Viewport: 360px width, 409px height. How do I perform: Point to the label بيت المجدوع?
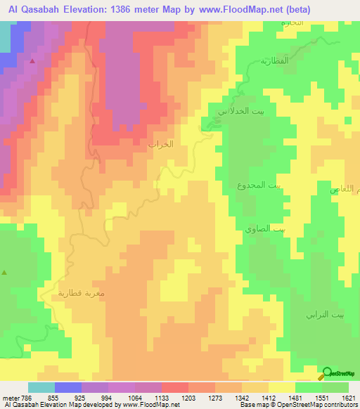tap(258, 185)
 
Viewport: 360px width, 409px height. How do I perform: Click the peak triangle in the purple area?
tap(32, 61)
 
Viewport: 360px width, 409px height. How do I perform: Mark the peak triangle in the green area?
tap(6, 272)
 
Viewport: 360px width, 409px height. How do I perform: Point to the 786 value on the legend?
tap(27, 397)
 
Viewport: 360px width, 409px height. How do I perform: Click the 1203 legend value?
tap(188, 397)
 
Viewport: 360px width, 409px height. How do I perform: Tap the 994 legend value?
tap(108, 397)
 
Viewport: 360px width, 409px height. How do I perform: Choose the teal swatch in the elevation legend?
tap(41, 387)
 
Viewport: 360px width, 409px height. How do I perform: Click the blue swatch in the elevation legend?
tap(68, 387)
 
